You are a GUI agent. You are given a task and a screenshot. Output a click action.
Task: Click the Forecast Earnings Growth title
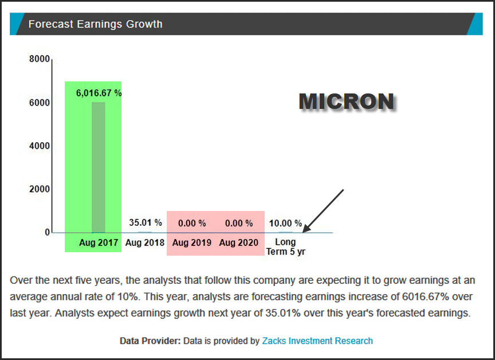click(x=95, y=24)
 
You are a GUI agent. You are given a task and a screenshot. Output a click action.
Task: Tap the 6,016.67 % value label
click(x=99, y=92)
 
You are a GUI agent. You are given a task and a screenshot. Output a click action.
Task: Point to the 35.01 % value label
click(x=145, y=222)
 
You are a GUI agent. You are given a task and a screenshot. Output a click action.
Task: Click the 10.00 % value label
click(x=285, y=223)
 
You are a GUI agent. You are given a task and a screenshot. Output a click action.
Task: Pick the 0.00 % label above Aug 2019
click(x=191, y=223)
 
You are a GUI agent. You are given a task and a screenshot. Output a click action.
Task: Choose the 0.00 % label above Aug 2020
click(x=238, y=223)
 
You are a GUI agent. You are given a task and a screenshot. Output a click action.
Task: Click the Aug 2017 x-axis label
click(x=99, y=242)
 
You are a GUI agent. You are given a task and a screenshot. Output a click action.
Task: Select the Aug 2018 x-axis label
click(x=145, y=242)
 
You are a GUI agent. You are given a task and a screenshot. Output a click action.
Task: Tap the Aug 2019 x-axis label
click(x=191, y=242)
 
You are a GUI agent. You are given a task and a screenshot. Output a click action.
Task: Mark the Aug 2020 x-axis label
click(x=238, y=242)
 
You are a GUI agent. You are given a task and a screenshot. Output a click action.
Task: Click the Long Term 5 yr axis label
click(x=285, y=246)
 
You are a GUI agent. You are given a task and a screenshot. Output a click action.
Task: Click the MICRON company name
click(x=346, y=101)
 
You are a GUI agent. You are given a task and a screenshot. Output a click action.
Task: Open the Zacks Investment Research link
click(x=317, y=341)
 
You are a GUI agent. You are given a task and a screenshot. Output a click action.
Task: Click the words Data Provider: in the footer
click(x=150, y=341)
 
